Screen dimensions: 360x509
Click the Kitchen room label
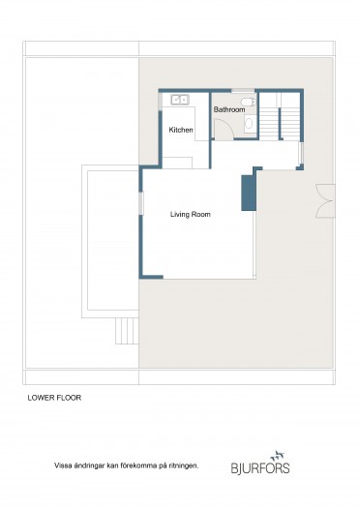(181, 130)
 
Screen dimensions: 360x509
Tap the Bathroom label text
(229, 109)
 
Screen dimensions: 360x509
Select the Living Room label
(191, 214)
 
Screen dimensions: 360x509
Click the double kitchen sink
(180, 100)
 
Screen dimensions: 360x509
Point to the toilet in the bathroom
(250, 102)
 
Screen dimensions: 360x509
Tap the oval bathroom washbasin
(249, 123)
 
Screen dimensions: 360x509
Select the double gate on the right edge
(326, 200)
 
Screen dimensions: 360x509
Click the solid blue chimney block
(249, 193)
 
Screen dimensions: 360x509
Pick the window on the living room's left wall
(141, 203)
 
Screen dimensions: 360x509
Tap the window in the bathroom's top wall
(243, 90)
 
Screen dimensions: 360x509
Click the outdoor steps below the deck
(127, 331)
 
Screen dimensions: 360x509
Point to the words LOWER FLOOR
(54, 398)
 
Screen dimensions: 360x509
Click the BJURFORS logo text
(260, 468)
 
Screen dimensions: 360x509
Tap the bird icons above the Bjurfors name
(279, 456)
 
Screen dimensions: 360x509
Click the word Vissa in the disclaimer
(62, 465)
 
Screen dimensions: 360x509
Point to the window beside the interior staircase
(301, 153)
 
